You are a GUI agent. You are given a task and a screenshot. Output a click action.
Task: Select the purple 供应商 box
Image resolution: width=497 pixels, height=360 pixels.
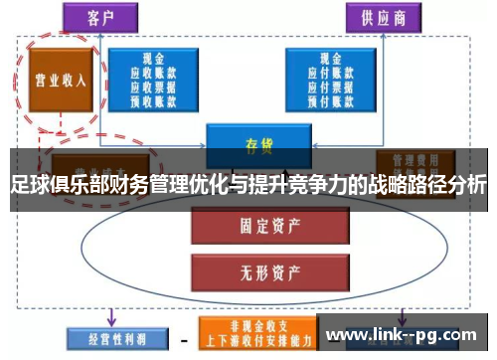coord(383,18)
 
